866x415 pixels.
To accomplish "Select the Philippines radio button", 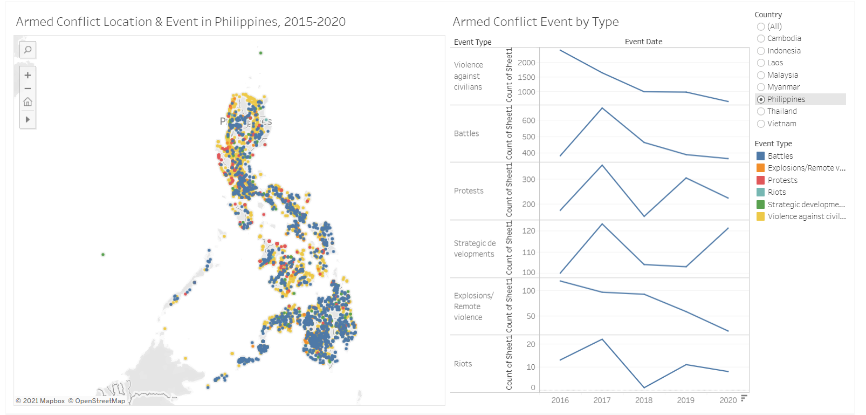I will pyautogui.click(x=761, y=99).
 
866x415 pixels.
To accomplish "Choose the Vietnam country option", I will pyautogui.click(x=761, y=124).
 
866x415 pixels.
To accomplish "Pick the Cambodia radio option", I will pyautogui.click(x=761, y=38).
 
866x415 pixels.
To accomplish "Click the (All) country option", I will pyautogui.click(x=761, y=26).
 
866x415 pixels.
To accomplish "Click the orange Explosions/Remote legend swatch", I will pyautogui.click(x=760, y=168).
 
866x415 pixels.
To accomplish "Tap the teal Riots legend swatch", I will pyautogui.click(x=760, y=192).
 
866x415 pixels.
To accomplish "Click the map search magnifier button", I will pyautogui.click(x=28, y=50).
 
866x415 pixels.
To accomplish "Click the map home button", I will pyautogui.click(x=28, y=102).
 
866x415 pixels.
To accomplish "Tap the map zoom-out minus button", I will pyautogui.click(x=28, y=89).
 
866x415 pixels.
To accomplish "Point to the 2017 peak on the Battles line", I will pyautogui.click(x=602, y=108).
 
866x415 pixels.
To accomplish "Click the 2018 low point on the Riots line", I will pyautogui.click(x=644, y=387).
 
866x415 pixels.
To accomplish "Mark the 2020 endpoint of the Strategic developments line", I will pyautogui.click(x=728, y=228).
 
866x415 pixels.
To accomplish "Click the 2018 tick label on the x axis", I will pyautogui.click(x=644, y=400).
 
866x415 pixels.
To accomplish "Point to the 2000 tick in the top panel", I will pyautogui.click(x=526, y=63).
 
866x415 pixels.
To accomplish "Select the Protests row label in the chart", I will pyautogui.click(x=469, y=191).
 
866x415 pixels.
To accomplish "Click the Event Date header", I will pyautogui.click(x=643, y=42).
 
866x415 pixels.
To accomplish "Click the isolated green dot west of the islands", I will pyautogui.click(x=103, y=254).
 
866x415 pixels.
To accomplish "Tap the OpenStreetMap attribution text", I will pyautogui.click(x=100, y=401).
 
